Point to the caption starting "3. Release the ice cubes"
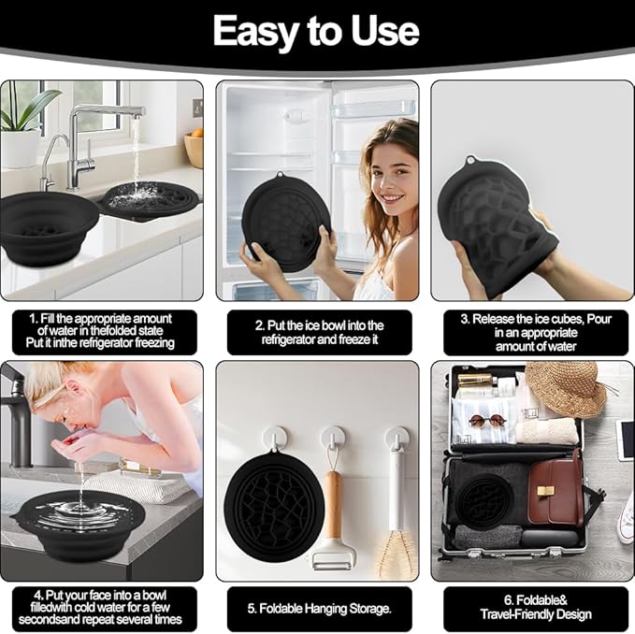(x=529, y=332)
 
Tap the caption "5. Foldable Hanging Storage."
(x=318, y=609)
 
